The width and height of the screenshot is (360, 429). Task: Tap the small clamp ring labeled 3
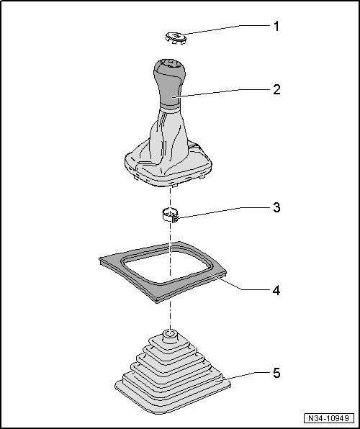pyautogui.click(x=170, y=214)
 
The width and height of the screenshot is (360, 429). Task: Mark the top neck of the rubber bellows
pyautogui.click(x=170, y=335)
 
